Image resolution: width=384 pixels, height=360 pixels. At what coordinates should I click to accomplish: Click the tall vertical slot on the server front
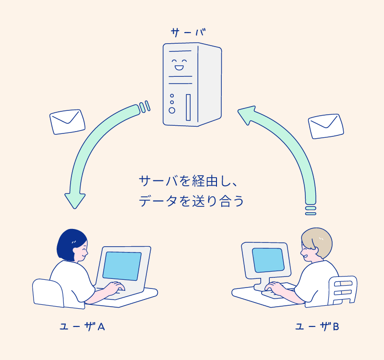(x=188, y=107)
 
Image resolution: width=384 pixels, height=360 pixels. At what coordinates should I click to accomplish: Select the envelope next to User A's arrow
(x=68, y=122)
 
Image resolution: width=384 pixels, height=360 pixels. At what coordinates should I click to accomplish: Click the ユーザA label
(x=82, y=327)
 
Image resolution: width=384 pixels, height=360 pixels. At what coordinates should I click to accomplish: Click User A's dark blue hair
(x=70, y=242)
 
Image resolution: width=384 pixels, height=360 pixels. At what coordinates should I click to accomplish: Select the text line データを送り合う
(x=192, y=201)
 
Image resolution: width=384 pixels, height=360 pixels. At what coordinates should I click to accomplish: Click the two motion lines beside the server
(x=144, y=107)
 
